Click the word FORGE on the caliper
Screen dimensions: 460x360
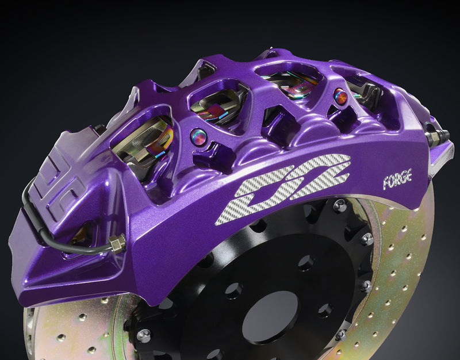pyautogui.click(x=397, y=179)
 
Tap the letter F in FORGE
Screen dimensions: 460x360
pyautogui.click(x=386, y=183)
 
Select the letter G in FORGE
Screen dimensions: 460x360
pyautogui.click(x=403, y=178)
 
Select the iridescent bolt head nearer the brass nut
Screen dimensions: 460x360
pyautogui.click(x=198, y=137)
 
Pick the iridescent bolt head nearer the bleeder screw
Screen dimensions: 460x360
pyautogui.click(x=340, y=96)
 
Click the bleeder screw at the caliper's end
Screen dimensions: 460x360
pyautogui.click(x=436, y=135)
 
